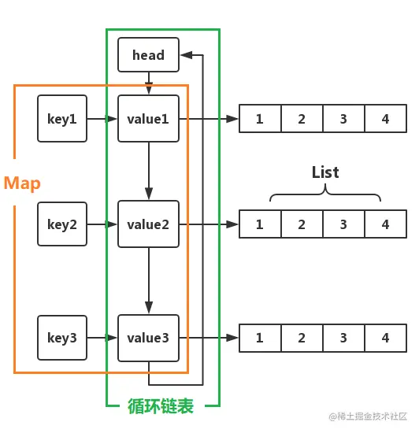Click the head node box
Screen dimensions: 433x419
(x=148, y=54)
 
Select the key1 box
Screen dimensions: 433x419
(x=62, y=119)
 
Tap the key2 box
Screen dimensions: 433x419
(x=62, y=224)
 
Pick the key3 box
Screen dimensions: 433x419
(x=62, y=338)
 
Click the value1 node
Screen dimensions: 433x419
(x=148, y=119)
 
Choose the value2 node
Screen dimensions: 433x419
(x=148, y=224)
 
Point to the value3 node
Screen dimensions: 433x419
(x=148, y=338)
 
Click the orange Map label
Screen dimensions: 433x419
(x=22, y=183)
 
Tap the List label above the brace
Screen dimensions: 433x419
(x=325, y=172)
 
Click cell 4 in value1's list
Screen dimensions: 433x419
(x=385, y=119)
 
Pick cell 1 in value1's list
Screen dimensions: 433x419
(x=260, y=119)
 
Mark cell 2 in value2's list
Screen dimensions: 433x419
(x=302, y=224)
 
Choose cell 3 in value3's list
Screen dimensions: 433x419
(x=343, y=338)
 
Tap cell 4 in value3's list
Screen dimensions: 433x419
(x=385, y=338)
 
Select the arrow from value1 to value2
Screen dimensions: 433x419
(x=148, y=171)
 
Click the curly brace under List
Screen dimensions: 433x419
(x=325, y=195)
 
